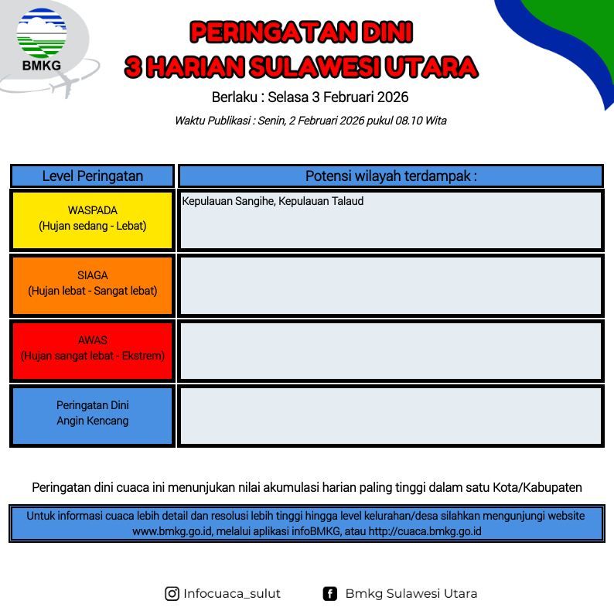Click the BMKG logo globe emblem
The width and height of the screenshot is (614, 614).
coord(42,33)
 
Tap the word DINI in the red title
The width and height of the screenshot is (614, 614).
coord(387,32)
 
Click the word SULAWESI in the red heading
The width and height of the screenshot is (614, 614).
coord(315,67)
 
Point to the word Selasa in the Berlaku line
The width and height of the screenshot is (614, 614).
coord(288,97)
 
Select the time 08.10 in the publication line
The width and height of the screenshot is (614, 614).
coord(409,121)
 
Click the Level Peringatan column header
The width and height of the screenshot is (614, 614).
coord(93,176)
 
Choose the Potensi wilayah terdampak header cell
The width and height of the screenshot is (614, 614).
coord(391,176)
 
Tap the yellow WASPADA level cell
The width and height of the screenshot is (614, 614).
coord(93,220)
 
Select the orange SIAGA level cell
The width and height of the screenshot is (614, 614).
coord(93,285)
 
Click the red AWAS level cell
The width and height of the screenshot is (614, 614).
coord(93,350)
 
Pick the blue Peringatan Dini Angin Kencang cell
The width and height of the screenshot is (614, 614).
coord(93,415)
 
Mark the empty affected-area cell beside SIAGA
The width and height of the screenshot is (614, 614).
coord(391,285)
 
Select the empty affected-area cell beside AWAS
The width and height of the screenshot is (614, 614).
coord(391,350)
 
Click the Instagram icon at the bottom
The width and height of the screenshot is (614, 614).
coord(172,594)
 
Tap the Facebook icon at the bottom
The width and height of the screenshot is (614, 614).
coord(329,594)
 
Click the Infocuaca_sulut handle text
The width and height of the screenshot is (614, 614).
coord(232,594)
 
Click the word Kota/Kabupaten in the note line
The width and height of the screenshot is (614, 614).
coord(537,487)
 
